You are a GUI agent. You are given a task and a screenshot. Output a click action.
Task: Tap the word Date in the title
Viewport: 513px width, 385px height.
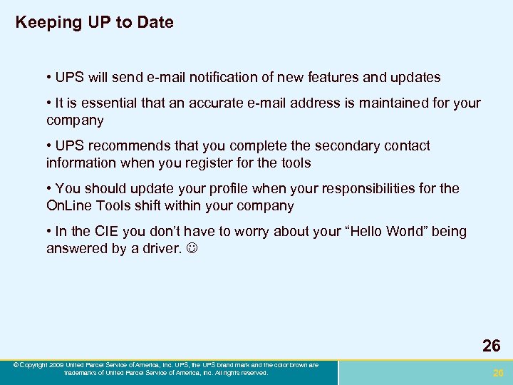156,23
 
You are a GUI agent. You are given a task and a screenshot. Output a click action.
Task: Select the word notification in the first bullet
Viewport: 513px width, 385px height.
239,77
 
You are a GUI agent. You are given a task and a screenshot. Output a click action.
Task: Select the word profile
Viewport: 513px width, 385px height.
219,189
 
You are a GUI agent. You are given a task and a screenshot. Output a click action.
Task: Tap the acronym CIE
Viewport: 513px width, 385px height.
105,232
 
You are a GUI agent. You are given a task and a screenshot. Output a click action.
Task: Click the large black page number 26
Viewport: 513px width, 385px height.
491,346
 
